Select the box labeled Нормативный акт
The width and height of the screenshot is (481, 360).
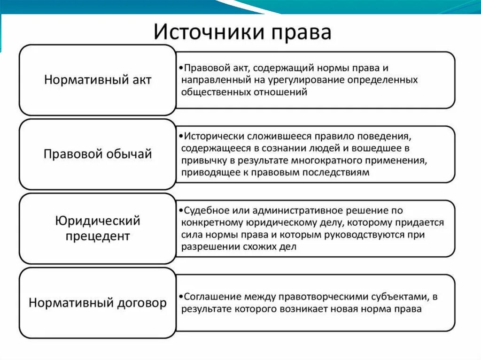tap(98, 80)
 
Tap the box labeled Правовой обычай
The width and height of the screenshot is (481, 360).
tap(98, 154)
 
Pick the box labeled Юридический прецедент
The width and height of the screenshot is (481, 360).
tap(98, 228)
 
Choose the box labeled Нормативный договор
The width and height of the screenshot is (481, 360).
tap(98, 303)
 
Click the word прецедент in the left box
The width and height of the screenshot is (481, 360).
tap(98, 236)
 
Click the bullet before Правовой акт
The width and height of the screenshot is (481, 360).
tap(181, 68)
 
